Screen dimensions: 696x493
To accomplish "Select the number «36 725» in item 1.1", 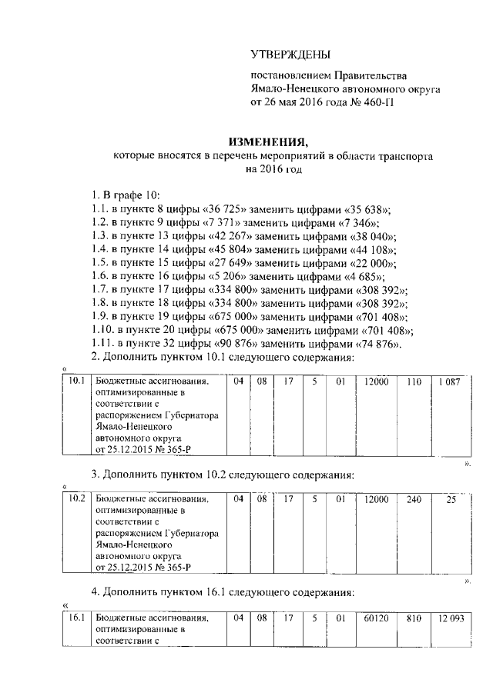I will pos(233,209).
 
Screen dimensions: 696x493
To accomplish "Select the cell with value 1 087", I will pos(449,381).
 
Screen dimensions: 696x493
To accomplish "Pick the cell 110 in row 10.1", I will pos(414,381).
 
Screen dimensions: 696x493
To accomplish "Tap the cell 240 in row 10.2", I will pos(414,498).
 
